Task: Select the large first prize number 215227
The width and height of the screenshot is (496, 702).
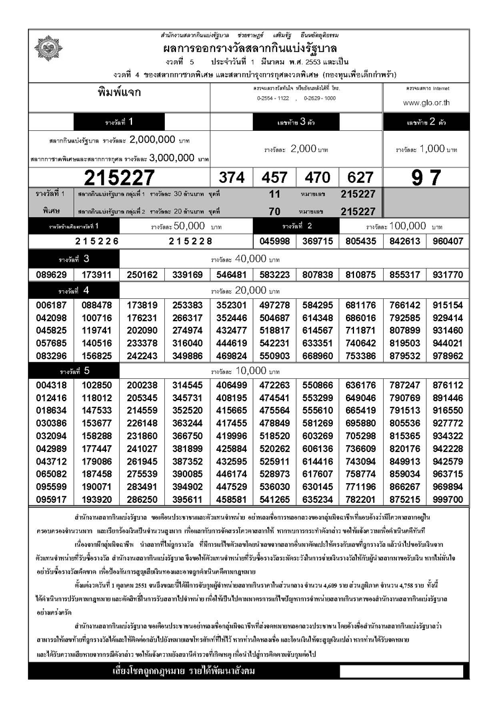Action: [x=120, y=178]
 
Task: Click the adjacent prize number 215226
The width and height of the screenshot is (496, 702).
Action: [x=97, y=241]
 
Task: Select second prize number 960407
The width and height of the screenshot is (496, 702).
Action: [x=448, y=241]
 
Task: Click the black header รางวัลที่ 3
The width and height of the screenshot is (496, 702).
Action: [x=74, y=258]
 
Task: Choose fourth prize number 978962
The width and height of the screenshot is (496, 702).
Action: [x=448, y=357]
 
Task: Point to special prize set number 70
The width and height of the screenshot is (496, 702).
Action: [x=275, y=211]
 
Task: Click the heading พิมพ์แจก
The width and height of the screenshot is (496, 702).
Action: [x=120, y=93]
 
